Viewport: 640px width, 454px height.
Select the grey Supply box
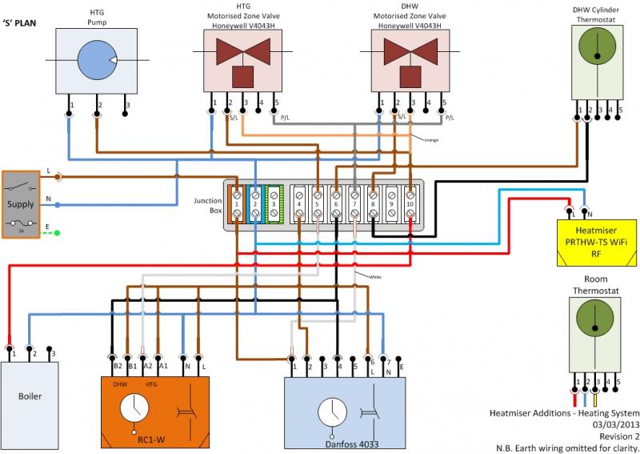pyautogui.click(x=21, y=204)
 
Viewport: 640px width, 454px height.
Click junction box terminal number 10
pyautogui.click(x=409, y=204)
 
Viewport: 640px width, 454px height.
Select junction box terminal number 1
pyautogui.click(x=238, y=204)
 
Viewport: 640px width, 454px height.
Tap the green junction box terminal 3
pyautogui.click(x=274, y=204)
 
